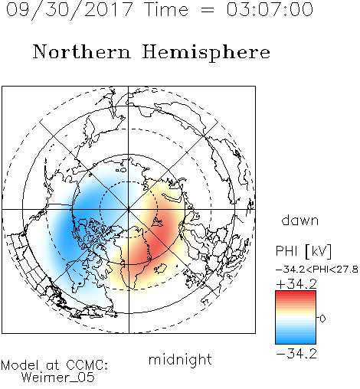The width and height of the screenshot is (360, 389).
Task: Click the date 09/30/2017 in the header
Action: pyautogui.click(x=70, y=10)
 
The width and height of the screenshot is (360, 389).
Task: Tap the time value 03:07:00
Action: pyautogui.click(x=270, y=9)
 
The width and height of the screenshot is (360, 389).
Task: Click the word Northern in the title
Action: pyautogui.click(x=82, y=52)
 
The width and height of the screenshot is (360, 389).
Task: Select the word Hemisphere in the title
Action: pyautogui.click(x=206, y=53)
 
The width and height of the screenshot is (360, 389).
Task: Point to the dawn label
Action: pyautogui.click(x=300, y=220)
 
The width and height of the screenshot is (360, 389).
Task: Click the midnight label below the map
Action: pyautogui.click(x=180, y=359)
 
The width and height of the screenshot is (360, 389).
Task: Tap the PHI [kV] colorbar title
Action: pyautogui.click(x=303, y=251)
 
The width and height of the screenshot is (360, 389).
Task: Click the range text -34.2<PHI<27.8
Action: pyautogui.click(x=317, y=270)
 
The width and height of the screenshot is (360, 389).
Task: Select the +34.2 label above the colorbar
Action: pyautogui.click(x=296, y=284)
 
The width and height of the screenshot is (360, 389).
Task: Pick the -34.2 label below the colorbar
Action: pyautogui.click(x=296, y=354)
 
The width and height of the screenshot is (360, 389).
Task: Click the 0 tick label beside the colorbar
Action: pyautogui.click(x=322, y=319)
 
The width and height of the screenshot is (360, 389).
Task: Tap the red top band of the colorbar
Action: pyautogui.click(x=296, y=293)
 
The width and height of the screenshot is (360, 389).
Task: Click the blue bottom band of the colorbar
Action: pyautogui.click(x=296, y=342)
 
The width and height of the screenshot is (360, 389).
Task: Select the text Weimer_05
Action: pyautogui.click(x=58, y=378)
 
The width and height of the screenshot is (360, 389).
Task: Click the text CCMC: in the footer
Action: pyautogui.click(x=87, y=365)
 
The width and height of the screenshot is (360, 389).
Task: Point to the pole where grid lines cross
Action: pyautogui.click(x=129, y=209)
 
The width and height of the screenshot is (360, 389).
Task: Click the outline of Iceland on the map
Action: pyautogui.click(x=161, y=269)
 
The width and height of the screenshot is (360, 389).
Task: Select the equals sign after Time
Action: pyautogui.click(x=207, y=10)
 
